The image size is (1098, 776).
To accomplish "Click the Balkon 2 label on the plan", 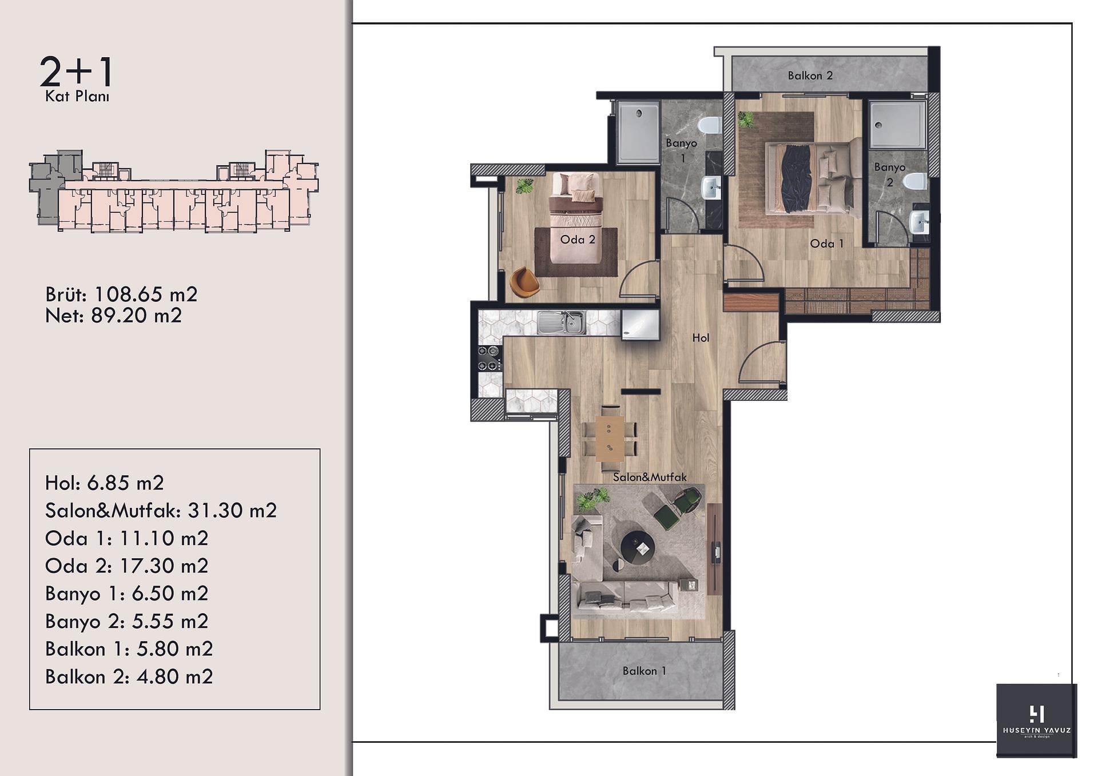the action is [810, 75].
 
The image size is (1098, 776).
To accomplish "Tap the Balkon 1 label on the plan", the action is [645, 671].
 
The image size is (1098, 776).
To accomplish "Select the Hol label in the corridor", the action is [701, 338].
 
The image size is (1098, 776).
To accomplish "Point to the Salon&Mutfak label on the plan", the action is [650, 477].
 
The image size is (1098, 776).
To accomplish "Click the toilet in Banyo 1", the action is [710, 125].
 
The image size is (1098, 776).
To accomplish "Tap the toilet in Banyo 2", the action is [915, 181].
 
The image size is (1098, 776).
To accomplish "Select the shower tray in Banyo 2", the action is [897, 125].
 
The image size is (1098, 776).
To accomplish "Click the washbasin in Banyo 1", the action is [711, 188].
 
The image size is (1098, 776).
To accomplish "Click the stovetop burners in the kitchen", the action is [490, 358].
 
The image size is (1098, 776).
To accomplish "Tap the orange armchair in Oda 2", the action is [523, 282].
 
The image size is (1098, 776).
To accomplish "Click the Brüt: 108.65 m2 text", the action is [121, 295].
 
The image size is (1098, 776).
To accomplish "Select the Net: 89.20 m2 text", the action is [113, 316].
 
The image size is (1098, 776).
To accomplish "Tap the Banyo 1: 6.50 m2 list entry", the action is [126, 594].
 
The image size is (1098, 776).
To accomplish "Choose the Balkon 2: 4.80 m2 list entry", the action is [129, 677].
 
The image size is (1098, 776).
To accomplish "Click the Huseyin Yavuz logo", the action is [1036, 721].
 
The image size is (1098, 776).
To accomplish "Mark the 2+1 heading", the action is [77, 72].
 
